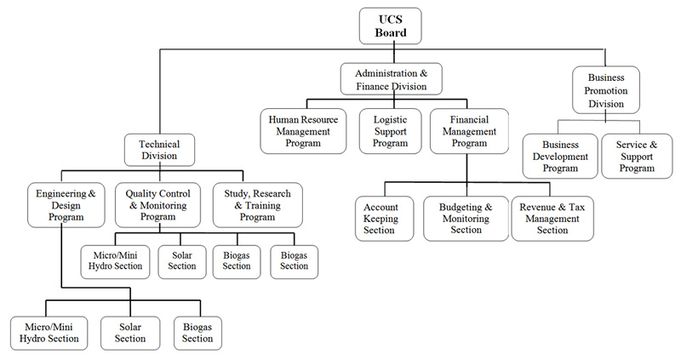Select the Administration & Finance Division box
(391, 79)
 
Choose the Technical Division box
(159, 151)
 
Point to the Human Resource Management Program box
(302, 131)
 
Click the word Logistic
(391, 120)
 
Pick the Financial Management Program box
(469, 131)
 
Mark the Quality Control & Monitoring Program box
(157, 204)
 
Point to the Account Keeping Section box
(381, 218)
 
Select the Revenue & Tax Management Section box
(552, 218)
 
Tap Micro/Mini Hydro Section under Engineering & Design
(49, 332)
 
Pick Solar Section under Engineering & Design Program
(130, 332)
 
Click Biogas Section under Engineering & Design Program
(197, 332)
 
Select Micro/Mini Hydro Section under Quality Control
(116, 260)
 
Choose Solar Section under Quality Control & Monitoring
(183, 260)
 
